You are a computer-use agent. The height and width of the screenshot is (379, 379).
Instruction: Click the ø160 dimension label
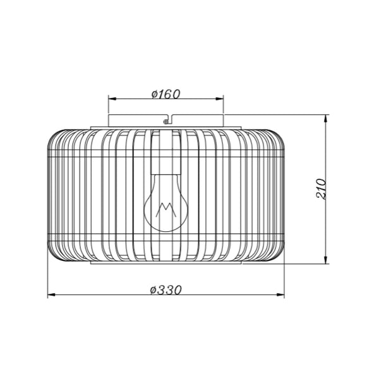[165, 94]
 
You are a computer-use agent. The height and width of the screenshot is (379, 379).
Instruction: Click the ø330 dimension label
[165, 290]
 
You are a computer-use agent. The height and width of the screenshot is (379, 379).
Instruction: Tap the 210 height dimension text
[322, 189]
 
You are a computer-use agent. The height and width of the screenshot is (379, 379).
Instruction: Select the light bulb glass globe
[165, 203]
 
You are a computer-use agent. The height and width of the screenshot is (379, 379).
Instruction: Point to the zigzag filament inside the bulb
[165, 210]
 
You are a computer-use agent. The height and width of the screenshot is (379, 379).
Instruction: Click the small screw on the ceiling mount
[165, 122]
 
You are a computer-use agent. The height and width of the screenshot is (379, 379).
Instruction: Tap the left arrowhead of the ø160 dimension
[112, 99]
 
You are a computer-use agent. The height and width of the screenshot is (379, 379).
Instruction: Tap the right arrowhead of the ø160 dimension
[220, 99]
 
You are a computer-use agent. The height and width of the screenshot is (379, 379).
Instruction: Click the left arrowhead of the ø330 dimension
[52, 294]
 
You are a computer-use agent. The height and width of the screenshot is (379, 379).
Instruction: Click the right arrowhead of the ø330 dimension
[280, 294]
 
